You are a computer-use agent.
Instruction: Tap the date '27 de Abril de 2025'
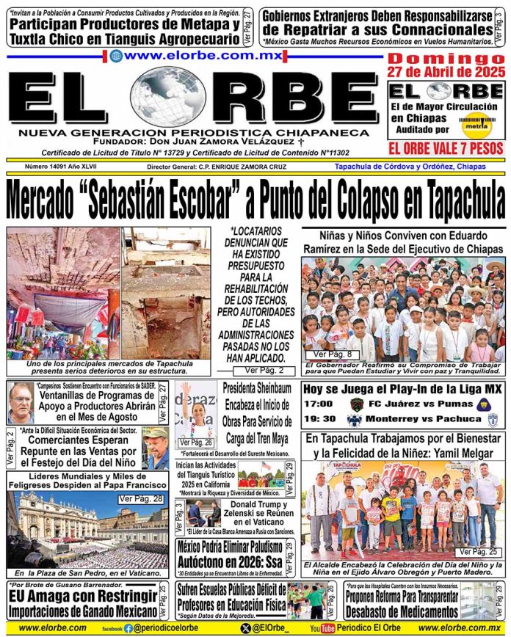coord(446,72)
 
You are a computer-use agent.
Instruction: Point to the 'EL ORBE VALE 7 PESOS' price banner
coord(446,149)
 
